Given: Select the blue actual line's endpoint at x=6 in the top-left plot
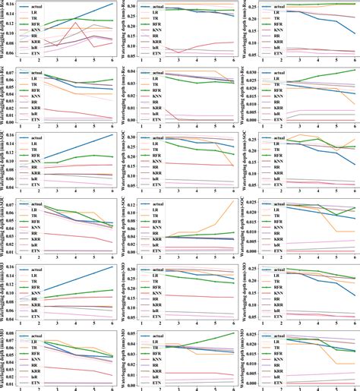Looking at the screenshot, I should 112,4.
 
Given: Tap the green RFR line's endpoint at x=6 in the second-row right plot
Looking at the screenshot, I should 353,70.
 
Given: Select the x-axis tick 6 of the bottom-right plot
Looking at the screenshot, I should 353,386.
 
